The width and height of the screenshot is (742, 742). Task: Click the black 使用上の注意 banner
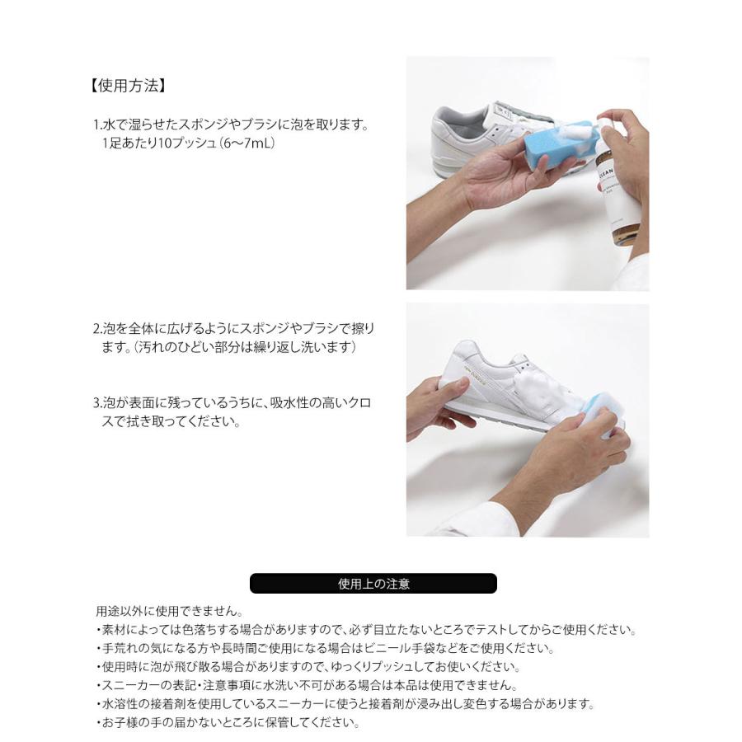(373, 584)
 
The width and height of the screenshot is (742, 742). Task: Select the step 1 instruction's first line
(230, 126)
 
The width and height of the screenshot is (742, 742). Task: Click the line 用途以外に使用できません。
(168, 612)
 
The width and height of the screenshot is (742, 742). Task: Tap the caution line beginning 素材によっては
(366, 631)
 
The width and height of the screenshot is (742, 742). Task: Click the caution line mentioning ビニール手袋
(325, 649)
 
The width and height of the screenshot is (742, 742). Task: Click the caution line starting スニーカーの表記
(306, 686)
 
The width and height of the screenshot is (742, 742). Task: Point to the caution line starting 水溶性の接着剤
(345, 705)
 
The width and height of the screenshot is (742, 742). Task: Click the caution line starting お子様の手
(228, 723)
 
